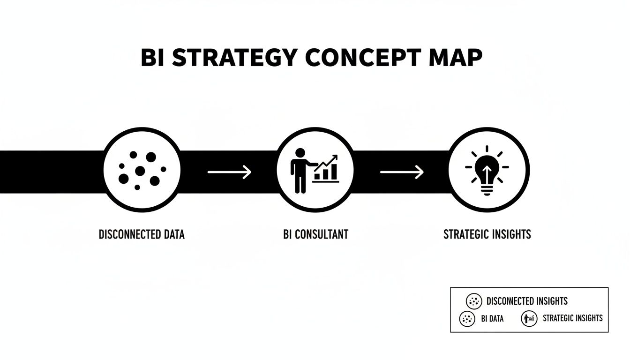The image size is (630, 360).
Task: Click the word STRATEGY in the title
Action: tap(234, 59)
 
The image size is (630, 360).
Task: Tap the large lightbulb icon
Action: tap(488, 171)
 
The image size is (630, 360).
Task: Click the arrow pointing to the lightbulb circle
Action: tap(401, 172)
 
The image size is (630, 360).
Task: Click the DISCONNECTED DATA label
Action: tap(142, 234)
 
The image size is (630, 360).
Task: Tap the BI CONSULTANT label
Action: tap(315, 234)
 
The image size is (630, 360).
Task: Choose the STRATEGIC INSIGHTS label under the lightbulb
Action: tap(487, 234)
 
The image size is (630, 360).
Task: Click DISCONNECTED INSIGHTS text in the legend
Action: tap(527, 301)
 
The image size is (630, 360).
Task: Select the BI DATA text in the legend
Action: tap(492, 319)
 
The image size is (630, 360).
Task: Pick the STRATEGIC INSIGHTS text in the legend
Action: tap(572, 318)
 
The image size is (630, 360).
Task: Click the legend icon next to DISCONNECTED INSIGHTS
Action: tap(474, 301)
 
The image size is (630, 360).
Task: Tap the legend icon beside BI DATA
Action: tap(467, 319)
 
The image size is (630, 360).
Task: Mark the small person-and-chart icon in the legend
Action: tap(529, 319)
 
